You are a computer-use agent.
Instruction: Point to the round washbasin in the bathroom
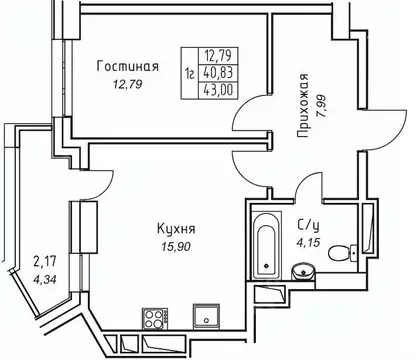click(301, 271)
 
